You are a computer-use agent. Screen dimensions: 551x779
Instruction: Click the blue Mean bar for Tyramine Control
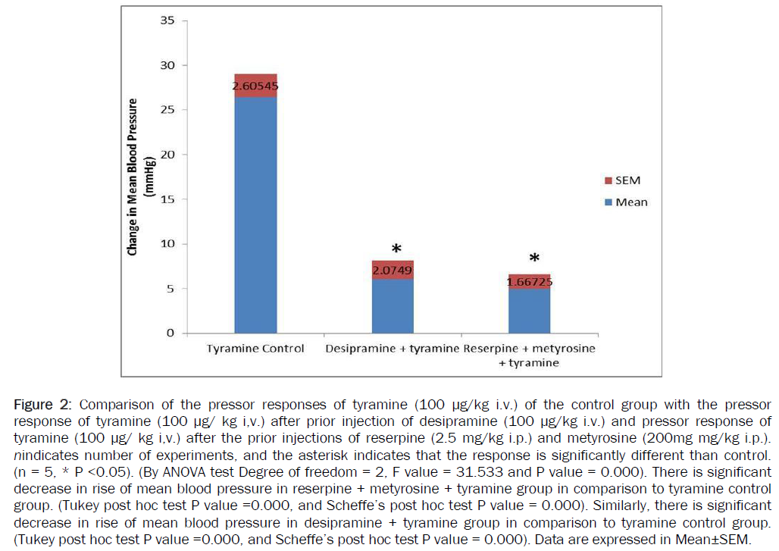pos(255,216)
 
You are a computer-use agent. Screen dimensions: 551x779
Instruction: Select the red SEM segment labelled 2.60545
pos(255,86)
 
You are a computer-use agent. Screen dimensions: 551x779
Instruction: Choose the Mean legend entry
pos(625,202)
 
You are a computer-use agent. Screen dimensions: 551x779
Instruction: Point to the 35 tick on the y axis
pos(167,20)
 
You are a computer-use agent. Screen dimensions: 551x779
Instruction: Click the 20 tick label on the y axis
pos(167,155)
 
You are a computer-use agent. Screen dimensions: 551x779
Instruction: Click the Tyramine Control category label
pos(255,349)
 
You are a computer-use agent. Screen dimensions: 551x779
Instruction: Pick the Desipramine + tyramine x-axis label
pos(392,349)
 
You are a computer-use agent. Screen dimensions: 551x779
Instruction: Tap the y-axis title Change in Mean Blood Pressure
pos(133,176)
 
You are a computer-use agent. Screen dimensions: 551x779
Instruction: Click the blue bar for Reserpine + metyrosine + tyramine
pos(529,312)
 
